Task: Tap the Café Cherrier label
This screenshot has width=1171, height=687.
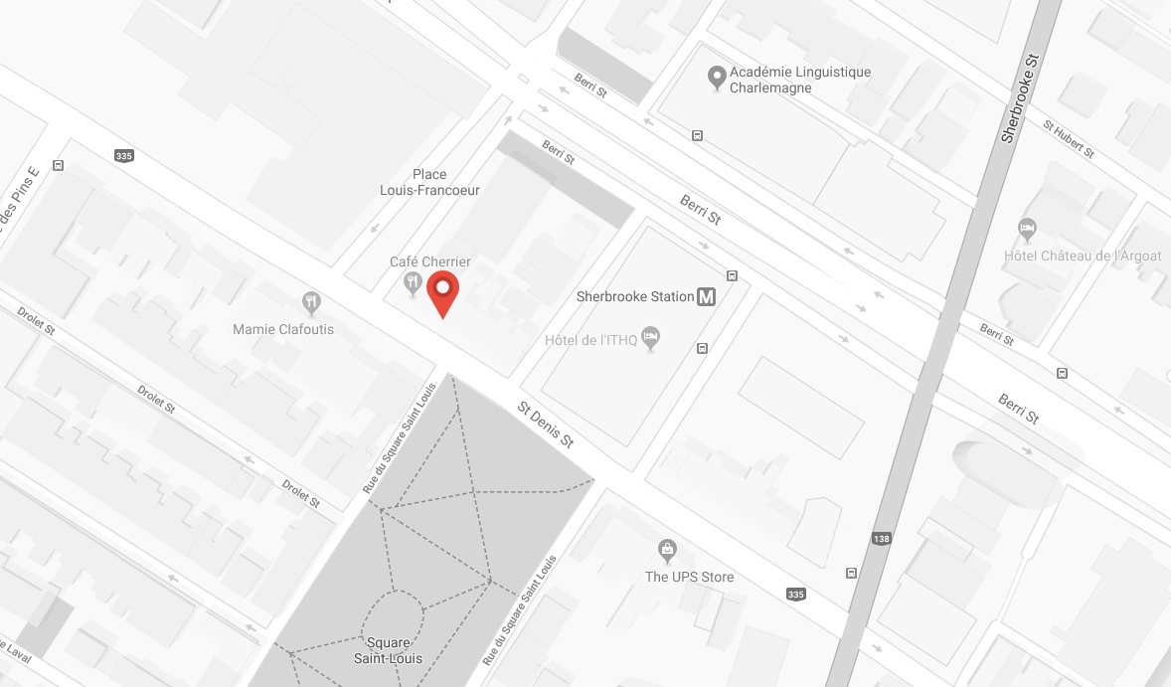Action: coord(429,261)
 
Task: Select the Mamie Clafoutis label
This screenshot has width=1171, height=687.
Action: coord(283,329)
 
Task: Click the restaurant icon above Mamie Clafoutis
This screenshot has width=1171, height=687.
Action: coord(312,301)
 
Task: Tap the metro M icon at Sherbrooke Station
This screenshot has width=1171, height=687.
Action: coord(707,296)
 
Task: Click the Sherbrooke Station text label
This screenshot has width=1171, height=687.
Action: coord(635,296)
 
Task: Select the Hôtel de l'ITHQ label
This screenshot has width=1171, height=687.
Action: coord(590,341)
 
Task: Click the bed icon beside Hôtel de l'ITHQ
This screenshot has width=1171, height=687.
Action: coord(650,336)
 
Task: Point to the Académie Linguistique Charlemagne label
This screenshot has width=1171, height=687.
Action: coord(799,80)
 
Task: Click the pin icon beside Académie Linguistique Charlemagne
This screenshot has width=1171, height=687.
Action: coord(715,77)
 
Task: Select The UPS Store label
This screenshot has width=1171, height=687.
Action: coord(689,577)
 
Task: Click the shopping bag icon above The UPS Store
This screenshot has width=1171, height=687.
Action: coord(667,549)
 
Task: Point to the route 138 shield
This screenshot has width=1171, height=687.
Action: coord(881,539)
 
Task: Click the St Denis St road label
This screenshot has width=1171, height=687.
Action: coord(546,424)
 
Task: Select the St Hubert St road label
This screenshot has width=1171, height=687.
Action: coord(1068,140)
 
